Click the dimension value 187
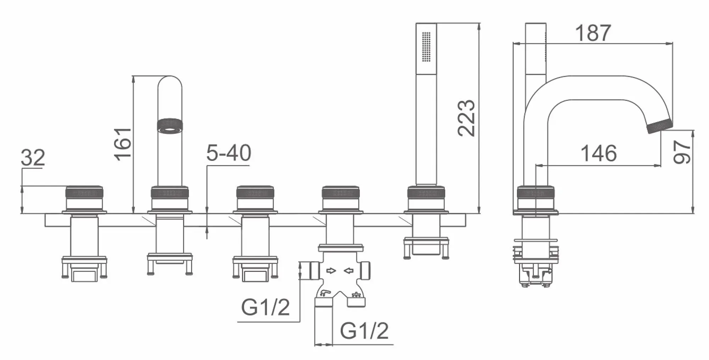pos(593,33)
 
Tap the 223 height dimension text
pos(466,118)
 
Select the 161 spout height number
pos(123,144)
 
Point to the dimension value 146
pos(598,153)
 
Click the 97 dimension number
pos(682,151)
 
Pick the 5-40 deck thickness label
pos(229,153)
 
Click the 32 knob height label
pos(33,157)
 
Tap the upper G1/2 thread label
pos(266,307)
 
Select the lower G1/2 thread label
pos(364,331)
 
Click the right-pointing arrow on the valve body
pos(331,271)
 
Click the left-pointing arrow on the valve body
pos(349,271)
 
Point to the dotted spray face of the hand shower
pos(426,47)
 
